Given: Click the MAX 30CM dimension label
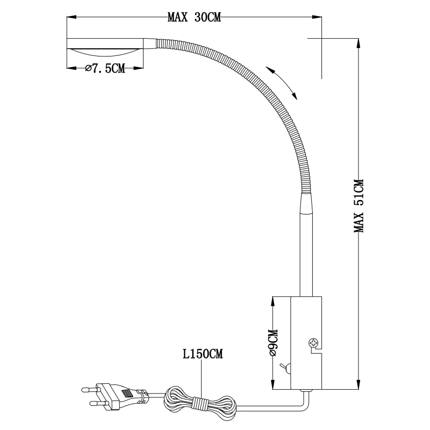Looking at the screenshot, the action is coord(194,18).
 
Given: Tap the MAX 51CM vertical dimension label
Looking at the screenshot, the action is coord(359,206).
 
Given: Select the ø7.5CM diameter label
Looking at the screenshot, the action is coord(105,68).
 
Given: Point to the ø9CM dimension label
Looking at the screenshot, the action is coord(274,342).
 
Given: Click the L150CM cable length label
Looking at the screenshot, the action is coord(203,354).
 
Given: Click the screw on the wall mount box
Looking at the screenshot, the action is coord(313,342).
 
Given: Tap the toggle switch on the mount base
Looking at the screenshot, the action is coord(285,368).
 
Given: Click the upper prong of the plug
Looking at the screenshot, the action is coord(89,389).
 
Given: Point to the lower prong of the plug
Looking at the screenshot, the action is coord(97,404).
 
